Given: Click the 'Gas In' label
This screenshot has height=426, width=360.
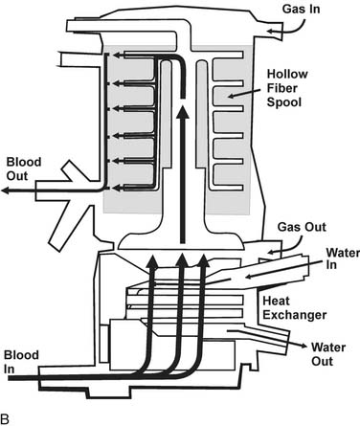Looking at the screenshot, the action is click(x=301, y=9).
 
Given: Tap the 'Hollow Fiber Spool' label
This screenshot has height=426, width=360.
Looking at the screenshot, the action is click(x=287, y=88).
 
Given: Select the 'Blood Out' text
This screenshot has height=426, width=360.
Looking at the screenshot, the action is click(x=24, y=168).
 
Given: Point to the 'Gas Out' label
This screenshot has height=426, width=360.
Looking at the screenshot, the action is click(x=302, y=227).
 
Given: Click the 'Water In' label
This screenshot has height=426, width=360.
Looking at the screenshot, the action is click(x=342, y=258).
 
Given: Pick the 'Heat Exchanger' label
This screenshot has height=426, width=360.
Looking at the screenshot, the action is click(x=294, y=308).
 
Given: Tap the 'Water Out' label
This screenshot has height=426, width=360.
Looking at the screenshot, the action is click(x=328, y=354).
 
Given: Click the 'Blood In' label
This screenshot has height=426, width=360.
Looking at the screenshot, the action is click(x=21, y=362).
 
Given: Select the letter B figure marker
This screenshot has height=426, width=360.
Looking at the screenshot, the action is click(x=5, y=418).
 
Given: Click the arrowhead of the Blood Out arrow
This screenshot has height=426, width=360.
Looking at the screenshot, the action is click(x=5, y=191).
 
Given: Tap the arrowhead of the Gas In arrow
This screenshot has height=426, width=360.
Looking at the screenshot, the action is click(x=270, y=32).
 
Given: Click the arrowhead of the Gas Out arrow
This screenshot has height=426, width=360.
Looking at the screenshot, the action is click(x=271, y=253).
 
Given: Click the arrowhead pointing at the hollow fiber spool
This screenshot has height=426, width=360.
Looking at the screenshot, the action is click(x=232, y=96).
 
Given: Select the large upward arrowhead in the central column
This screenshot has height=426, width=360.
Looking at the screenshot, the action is click(x=183, y=112).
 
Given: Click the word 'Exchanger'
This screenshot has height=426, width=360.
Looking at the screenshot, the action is click(x=294, y=315).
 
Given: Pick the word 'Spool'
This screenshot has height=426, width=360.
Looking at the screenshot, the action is click(x=284, y=102).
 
